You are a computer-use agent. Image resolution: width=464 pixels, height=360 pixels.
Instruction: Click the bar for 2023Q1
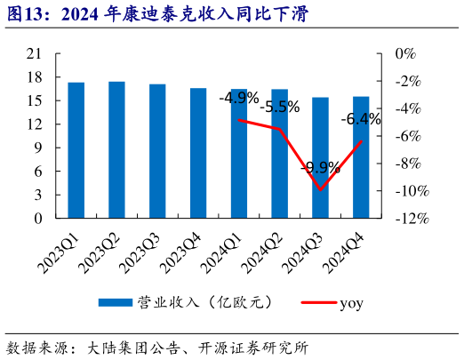click(x=76, y=150)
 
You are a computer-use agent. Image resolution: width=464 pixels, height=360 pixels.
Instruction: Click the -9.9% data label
click(x=320, y=167)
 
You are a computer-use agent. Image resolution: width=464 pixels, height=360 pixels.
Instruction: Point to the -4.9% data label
click(x=239, y=97)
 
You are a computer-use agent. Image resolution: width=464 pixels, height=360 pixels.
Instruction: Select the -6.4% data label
click(x=361, y=119)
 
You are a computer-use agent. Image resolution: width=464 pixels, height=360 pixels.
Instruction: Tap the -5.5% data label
click(x=280, y=108)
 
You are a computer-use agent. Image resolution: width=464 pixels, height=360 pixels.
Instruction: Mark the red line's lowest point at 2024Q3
click(x=320, y=189)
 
